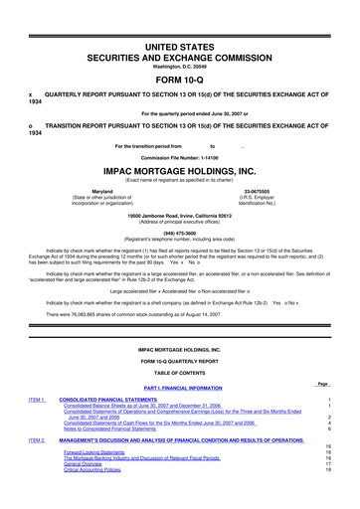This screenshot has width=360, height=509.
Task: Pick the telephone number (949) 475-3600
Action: pyautogui.click(x=180, y=262)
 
